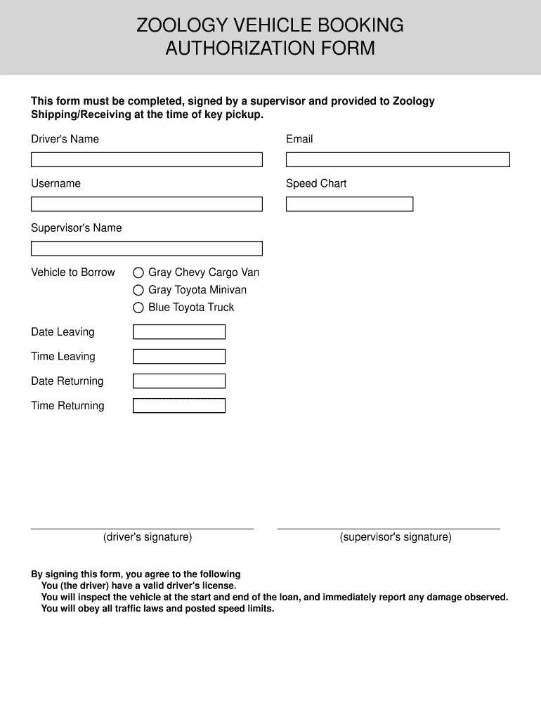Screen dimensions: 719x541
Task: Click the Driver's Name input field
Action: coord(146,160)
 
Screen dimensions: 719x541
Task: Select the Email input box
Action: coord(398,160)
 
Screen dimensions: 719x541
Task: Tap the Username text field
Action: coord(146,204)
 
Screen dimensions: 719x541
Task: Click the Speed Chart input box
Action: coord(349,204)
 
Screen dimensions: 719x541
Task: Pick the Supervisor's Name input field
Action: coord(146,249)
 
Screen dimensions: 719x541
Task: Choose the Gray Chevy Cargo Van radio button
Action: coord(138,272)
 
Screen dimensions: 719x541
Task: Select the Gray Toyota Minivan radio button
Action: coord(138,290)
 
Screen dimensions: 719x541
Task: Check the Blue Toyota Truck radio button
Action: coord(138,308)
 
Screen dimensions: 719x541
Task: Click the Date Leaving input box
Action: coord(179,332)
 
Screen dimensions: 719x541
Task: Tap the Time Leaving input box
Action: coord(179,357)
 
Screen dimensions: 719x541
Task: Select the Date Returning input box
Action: coord(179,381)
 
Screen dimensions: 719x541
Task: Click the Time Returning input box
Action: coord(179,406)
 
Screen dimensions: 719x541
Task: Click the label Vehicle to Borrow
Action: coord(73,272)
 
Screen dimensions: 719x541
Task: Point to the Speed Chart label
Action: coord(316,184)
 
